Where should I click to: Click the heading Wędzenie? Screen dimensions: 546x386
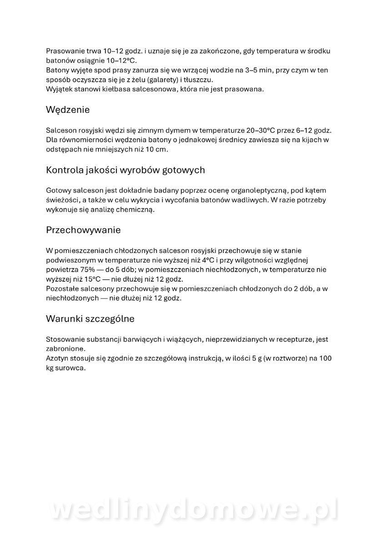point(68,110)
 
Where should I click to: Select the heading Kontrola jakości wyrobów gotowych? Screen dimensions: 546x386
point(125,170)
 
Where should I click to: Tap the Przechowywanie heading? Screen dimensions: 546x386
point(83,230)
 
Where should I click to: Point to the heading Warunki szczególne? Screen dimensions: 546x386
point(90,319)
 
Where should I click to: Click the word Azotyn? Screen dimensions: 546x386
point(57,359)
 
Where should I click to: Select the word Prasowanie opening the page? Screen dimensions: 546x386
point(65,51)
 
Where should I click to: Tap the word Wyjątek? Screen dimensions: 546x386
point(59,89)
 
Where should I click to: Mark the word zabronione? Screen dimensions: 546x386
point(65,349)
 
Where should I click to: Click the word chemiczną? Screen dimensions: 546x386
point(135,210)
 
